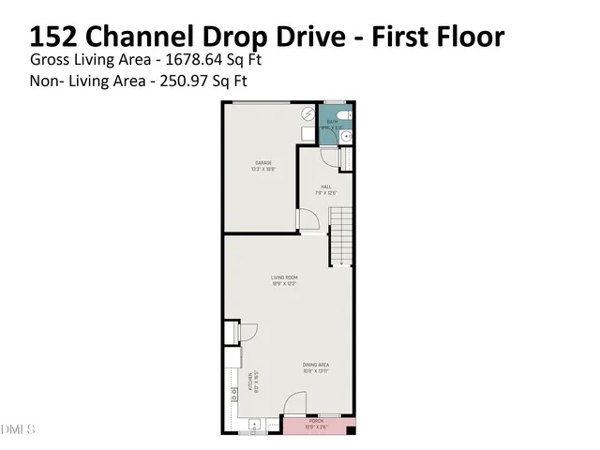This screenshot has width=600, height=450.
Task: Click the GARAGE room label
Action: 262,162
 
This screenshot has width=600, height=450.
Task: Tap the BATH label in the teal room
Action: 333,122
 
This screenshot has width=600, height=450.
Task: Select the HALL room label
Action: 326,187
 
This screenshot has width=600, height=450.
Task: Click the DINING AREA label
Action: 315,365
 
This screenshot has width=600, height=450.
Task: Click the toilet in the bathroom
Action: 343,116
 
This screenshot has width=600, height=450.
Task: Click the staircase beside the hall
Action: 340,234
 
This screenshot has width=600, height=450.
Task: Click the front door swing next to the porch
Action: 294,405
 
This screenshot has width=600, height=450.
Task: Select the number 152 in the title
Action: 52,37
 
